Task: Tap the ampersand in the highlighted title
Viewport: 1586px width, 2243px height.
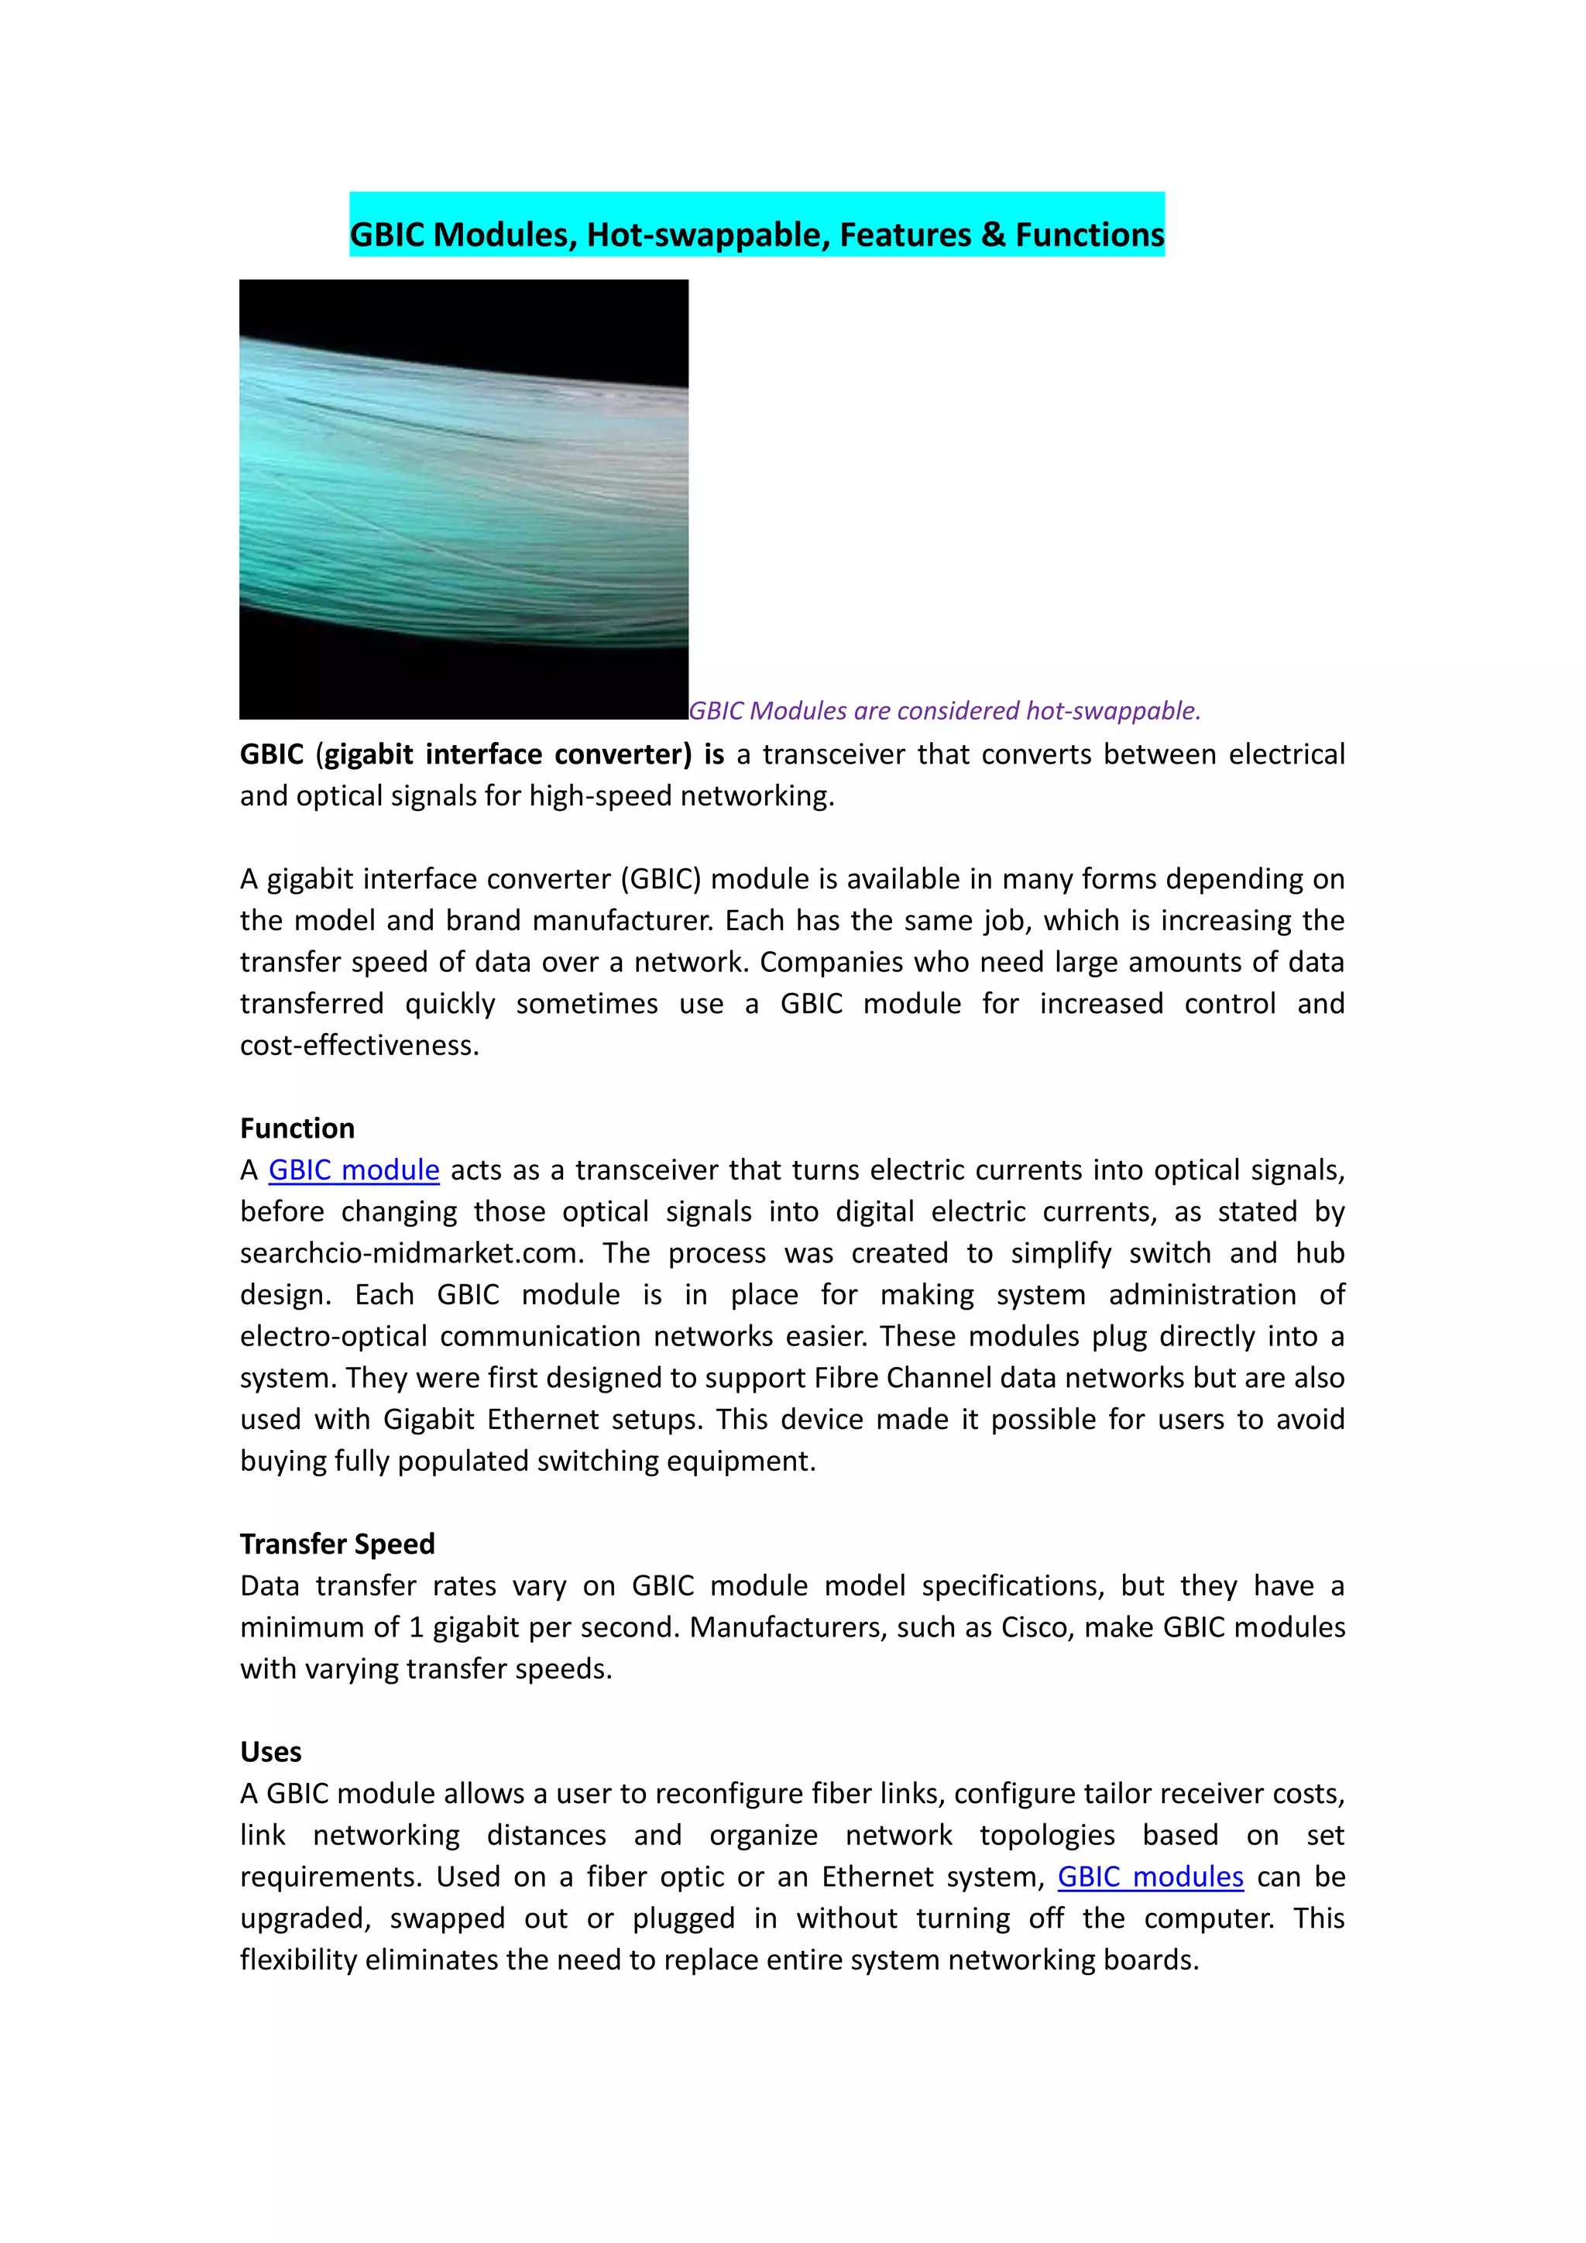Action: [x=994, y=235]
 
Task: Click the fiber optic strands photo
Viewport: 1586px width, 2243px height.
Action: [x=464, y=500]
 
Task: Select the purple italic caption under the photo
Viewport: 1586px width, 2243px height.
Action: [x=943, y=710]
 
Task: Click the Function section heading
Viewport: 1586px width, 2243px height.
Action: [x=297, y=1128]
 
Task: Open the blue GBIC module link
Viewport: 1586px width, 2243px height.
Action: [x=354, y=1170]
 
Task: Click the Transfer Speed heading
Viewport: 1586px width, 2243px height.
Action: [x=337, y=1544]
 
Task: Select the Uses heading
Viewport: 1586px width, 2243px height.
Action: [x=270, y=1752]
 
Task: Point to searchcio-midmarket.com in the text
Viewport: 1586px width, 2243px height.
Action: [x=410, y=1253]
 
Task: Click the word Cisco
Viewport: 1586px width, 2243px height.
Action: [x=1036, y=1627]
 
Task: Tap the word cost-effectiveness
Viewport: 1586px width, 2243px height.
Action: [x=359, y=1046]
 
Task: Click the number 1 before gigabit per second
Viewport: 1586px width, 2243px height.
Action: [x=416, y=1627]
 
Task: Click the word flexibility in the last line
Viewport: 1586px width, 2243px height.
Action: [x=298, y=1960]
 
